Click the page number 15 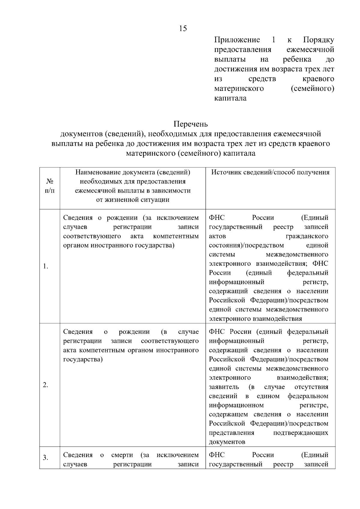(183, 28)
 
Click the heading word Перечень (190, 124)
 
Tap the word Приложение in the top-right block (237, 40)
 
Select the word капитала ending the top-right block (230, 98)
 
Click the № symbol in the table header (50, 181)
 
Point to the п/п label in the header (50, 191)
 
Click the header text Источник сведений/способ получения (270, 172)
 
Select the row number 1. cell (46, 266)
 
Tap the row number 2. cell (46, 385)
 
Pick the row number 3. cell (46, 458)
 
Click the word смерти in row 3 (122, 455)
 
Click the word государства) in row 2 (83, 359)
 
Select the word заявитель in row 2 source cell (224, 387)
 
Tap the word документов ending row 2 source (227, 442)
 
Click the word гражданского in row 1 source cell (307, 236)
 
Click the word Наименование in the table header (99, 172)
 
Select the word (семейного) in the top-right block (312, 89)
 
